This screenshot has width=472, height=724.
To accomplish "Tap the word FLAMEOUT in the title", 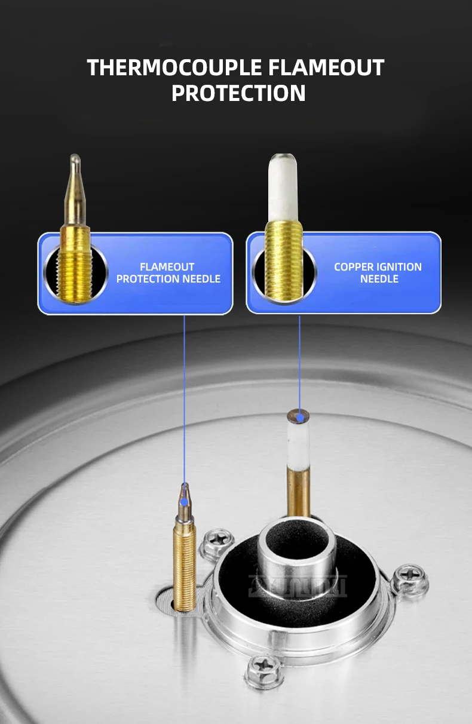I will click(x=326, y=68).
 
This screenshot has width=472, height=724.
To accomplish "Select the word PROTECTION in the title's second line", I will click(x=238, y=94).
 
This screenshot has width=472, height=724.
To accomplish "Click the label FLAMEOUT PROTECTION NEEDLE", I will click(x=168, y=273).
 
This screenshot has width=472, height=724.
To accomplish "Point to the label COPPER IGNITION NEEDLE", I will click(x=378, y=273).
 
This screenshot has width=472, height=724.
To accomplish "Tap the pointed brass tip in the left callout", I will click(x=74, y=191).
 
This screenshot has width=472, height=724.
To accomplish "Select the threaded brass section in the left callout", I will click(x=75, y=263).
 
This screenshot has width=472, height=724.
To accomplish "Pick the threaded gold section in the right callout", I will click(x=284, y=260).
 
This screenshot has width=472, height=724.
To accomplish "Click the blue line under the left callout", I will click(x=184, y=388).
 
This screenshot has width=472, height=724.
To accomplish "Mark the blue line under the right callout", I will click(x=299, y=358).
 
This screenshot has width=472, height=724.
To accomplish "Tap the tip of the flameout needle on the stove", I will click(x=184, y=490).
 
